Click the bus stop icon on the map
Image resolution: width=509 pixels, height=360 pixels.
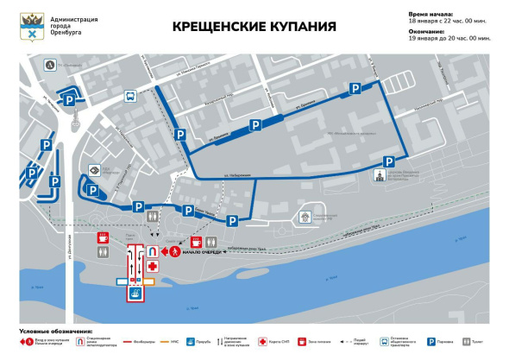[130, 97]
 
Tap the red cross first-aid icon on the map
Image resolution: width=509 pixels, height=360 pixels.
[153, 267]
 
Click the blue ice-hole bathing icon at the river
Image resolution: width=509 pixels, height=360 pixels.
[135, 294]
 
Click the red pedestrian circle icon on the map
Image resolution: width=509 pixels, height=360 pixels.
[175, 252]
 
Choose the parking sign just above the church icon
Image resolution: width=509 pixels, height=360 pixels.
[386, 161]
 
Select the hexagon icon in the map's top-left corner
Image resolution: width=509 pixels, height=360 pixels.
[52, 65]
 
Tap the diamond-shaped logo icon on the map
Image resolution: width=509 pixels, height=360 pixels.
[92, 170]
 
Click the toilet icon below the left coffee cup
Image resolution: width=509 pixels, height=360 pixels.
[104, 251]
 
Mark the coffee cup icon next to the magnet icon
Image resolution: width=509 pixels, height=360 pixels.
[197, 243]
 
